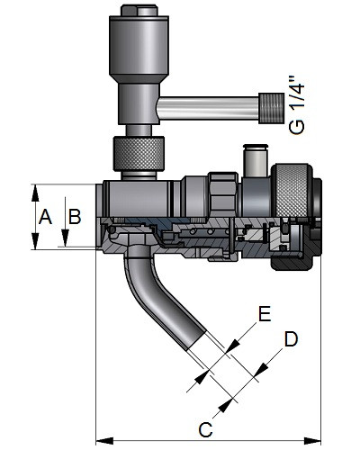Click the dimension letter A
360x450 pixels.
(x=45, y=217)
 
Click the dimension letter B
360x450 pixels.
(x=75, y=217)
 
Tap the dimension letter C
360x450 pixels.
(x=205, y=429)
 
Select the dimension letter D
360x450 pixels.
(x=291, y=339)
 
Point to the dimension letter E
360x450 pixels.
(x=265, y=314)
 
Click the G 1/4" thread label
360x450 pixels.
(x=297, y=106)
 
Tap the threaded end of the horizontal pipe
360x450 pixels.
(x=272, y=108)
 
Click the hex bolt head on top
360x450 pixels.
(x=139, y=11)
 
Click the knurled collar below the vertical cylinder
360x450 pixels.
(x=139, y=154)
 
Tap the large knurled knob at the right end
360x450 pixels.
(x=290, y=192)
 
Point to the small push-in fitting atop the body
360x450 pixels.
(x=256, y=160)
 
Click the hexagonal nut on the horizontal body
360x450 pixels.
(x=223, y=195)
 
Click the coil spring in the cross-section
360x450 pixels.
(x=207, y=231)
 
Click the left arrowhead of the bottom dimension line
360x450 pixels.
(x=104, y=441)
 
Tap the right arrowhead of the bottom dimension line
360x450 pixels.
(x=312, y=441)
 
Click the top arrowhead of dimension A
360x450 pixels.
(x=35, y=193)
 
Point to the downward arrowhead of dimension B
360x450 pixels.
(x=65, y=238)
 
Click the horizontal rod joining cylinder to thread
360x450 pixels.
(x=209, y=108)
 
